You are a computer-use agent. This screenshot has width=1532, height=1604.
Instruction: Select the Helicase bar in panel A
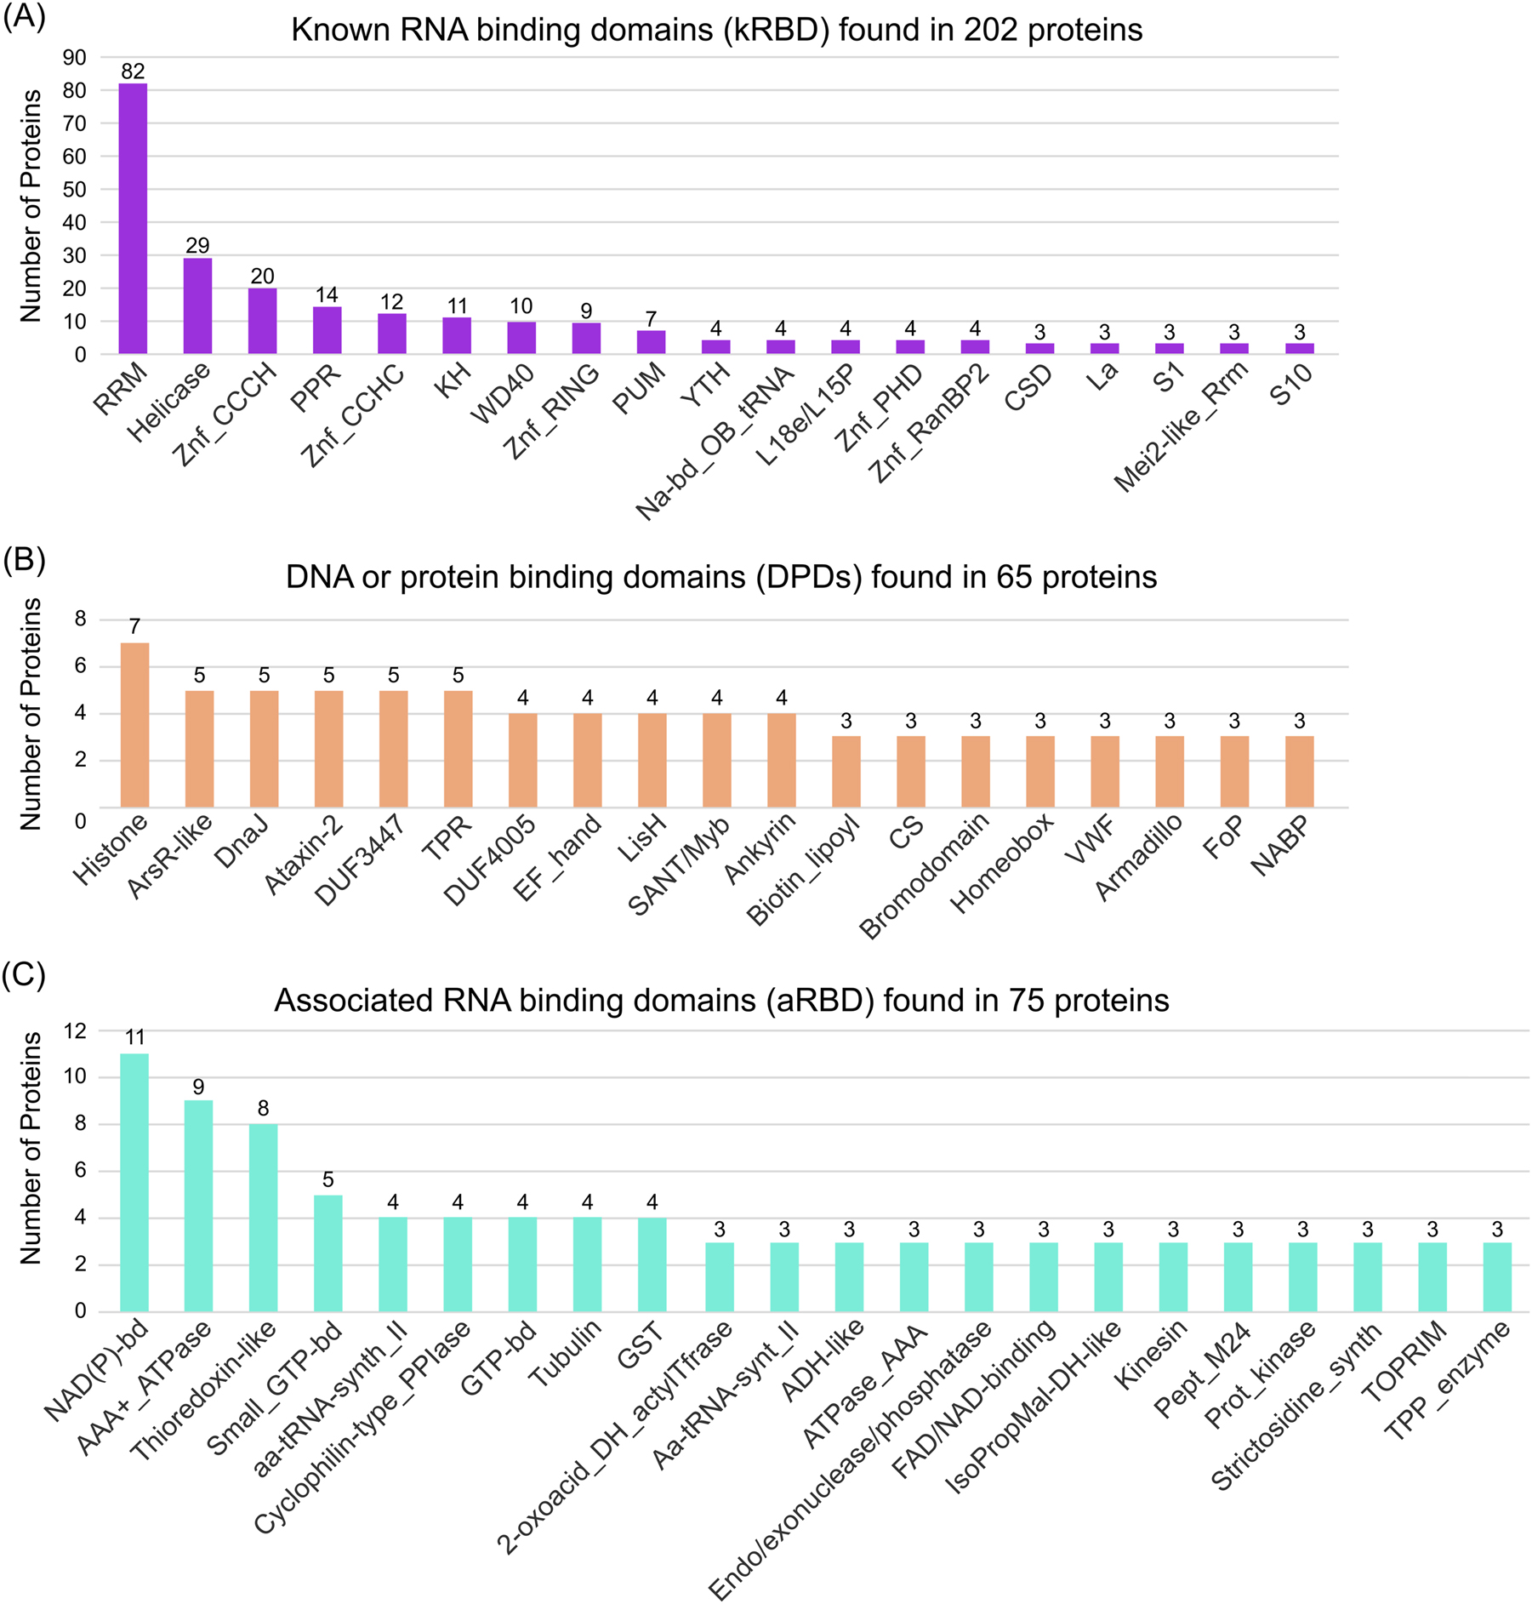point(197,305)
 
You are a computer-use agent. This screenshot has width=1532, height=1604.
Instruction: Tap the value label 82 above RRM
point(133,71)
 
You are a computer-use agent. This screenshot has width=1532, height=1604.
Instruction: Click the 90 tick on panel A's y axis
point(75,58)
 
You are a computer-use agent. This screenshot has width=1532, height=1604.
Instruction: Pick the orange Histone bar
point(134,724)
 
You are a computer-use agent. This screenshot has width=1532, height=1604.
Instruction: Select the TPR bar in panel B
point(458,748)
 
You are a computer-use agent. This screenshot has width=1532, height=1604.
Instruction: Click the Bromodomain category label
point(925,875)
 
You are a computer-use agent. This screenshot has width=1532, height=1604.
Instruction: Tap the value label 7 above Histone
point(134,628)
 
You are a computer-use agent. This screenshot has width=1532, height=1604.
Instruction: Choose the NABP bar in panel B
point(1300,771)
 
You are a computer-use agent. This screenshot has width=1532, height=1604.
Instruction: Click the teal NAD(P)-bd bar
point(134,1182)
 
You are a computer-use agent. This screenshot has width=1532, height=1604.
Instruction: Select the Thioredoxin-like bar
point(263,1217)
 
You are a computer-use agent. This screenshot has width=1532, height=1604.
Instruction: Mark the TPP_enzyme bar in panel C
point(1497,1276)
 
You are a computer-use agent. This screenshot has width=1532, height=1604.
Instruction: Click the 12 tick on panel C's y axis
point(75,1031)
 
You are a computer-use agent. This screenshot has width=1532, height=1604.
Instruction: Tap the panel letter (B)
point(24,559)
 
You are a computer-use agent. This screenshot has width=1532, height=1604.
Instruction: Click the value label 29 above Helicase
point(197,246)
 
